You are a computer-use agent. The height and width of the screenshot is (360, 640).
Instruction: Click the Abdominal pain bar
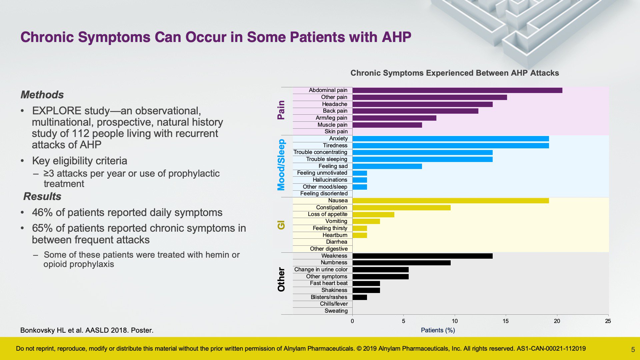[457, 90]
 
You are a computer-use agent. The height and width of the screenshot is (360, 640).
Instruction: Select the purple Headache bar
[423, 104]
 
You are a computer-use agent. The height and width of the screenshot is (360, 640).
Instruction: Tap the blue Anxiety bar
[451, 139]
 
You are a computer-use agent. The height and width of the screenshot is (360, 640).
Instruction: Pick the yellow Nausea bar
[451, 201]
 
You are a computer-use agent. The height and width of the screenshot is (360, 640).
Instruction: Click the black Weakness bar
[423, 256]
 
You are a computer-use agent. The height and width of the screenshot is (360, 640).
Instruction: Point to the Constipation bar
[402, 208]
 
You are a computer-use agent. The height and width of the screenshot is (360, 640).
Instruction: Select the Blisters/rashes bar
[360, 297]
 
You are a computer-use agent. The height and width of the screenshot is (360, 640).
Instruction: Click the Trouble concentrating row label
[320, 152]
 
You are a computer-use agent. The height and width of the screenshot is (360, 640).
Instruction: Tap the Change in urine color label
[321, 269]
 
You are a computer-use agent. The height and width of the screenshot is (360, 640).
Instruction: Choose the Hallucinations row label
[330, 180]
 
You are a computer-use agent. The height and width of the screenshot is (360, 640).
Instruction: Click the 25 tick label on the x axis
[608, 321]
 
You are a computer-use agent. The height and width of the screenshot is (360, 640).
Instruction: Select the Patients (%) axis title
[438, 330]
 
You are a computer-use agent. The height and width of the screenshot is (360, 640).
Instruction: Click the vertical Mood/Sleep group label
[281, 165]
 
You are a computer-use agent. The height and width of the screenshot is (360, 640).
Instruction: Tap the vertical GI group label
[281, 225]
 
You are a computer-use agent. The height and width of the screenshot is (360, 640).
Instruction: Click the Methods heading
[42, 95]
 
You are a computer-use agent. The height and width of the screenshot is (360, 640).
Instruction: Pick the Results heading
[42, 196]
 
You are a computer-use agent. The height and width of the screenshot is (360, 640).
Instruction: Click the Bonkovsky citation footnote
[87, 330]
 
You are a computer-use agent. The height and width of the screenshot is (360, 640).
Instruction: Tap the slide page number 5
[633, 350]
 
